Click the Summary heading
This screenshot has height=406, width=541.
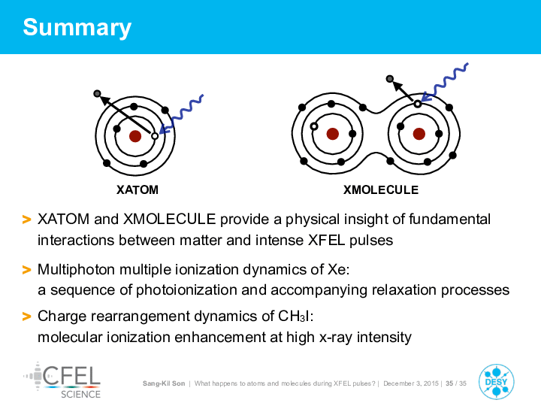[x=77, y=28]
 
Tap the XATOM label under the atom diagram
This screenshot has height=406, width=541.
[x=138, y=190]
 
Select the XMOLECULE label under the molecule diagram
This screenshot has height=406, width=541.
[x=381, y=190]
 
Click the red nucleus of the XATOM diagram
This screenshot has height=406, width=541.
[x=135, y=136]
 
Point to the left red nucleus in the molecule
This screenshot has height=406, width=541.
[x=333, y=134]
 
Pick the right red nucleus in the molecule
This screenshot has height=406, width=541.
[x=419, y=134]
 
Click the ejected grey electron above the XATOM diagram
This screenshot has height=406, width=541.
[x=97, y=93]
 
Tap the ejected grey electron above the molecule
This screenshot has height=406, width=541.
[x=390, y=79]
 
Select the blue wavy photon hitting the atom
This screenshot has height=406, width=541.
[x=182, y=114]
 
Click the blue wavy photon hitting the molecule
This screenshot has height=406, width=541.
[x=446, y=82]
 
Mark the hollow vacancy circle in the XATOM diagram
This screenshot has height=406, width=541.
[x=155, y=136]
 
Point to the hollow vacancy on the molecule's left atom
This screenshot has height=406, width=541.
[x=314, y=127]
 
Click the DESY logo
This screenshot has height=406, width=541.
[x=496, y=382]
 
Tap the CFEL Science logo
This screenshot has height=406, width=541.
[x=62, y=380]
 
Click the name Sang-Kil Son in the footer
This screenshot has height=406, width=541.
[x=164, y=383]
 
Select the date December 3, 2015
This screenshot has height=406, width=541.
[x=411, y=383]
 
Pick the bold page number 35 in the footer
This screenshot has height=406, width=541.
[x=449, y=383]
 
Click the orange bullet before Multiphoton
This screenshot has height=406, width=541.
[x=26, y=270]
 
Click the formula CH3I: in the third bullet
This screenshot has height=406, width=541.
[x=296, y=317]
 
